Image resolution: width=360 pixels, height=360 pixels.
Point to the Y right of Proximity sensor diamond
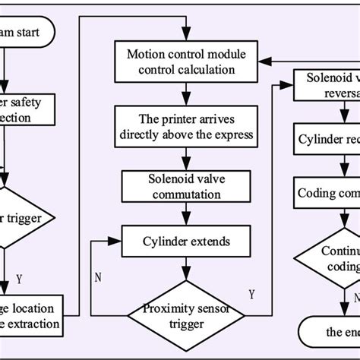coord(251,293)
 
